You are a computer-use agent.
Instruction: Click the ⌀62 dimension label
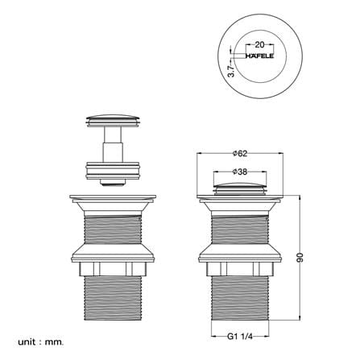tap(240, 153)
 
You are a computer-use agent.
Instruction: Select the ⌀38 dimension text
tap(240, 172)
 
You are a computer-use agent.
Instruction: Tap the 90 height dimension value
tap(300, 258)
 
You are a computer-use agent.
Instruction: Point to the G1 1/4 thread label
tap(240, 337)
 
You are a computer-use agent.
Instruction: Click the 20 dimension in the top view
tap(259, 44)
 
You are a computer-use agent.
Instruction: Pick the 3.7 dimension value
tap(231, 70)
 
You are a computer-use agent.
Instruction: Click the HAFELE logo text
tap(260, 56)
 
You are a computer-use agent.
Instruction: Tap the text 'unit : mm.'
tap(41, 342)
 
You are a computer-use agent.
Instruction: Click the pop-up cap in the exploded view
tap(113, 120)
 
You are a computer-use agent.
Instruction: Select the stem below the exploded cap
tap(113, 144)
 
